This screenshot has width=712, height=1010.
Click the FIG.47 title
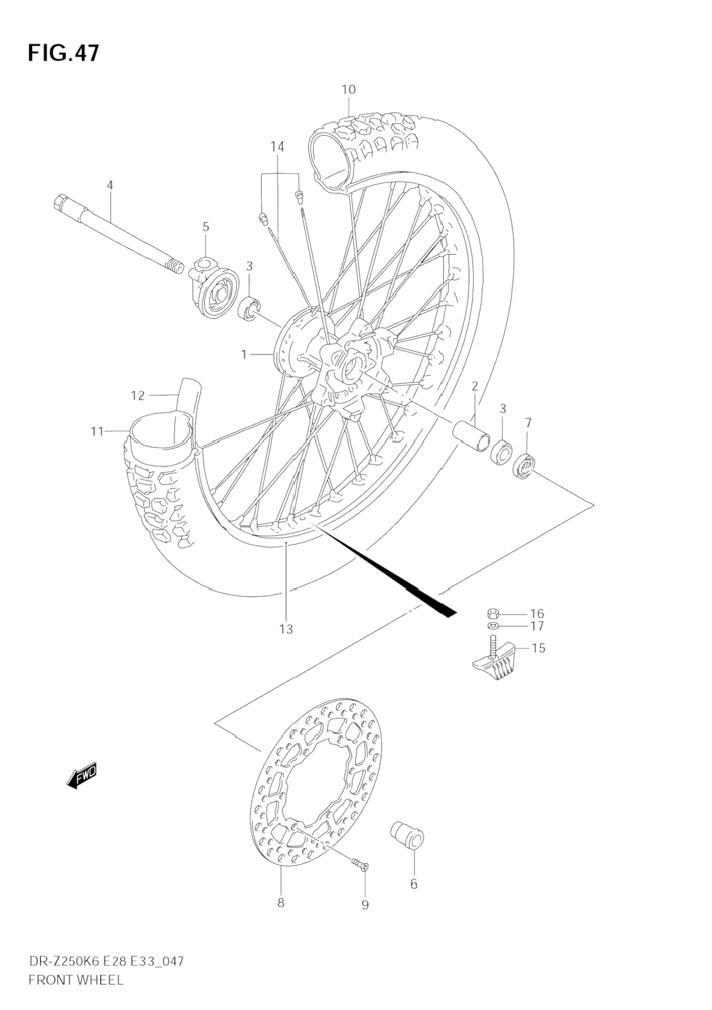click(63, 53)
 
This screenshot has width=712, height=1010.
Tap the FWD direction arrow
click(82, 776)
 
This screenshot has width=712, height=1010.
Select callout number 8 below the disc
click(280, 903)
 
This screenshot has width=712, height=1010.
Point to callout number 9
click(365, 904)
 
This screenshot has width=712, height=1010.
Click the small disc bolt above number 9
click(359, 865)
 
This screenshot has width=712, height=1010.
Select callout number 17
click(537, 626)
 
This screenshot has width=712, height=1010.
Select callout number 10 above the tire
click(348, 90)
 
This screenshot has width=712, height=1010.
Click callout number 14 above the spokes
click(277, 147)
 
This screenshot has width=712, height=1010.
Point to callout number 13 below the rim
click(285, 629)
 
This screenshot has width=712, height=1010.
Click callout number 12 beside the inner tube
click(138, 395)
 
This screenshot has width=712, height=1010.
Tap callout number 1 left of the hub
click(244, 355)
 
